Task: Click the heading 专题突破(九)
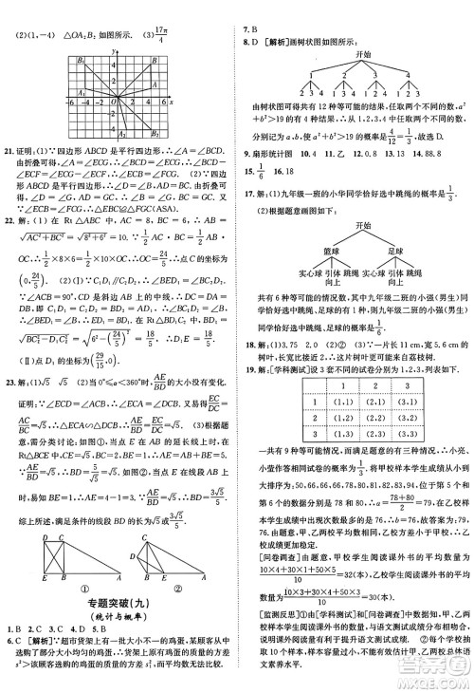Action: point(118,629)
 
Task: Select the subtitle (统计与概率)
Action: point(118,644)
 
